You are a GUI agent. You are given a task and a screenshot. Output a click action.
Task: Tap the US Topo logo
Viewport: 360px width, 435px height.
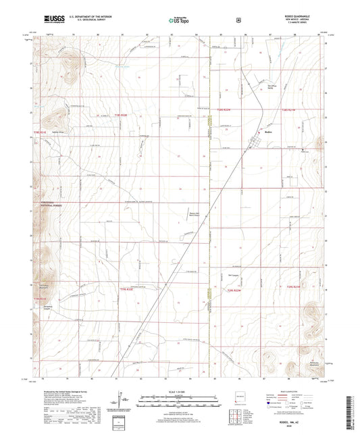(176, 21)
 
